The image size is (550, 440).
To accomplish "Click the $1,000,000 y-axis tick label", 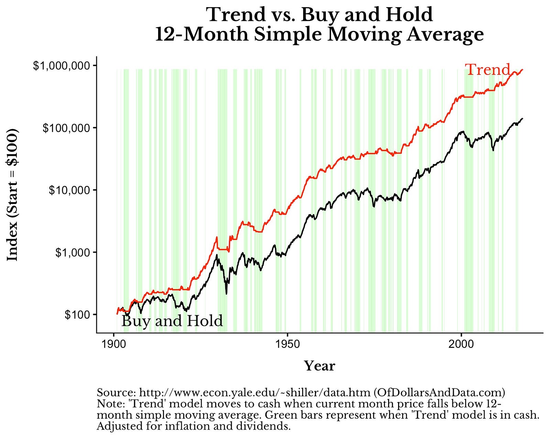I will point(59,65).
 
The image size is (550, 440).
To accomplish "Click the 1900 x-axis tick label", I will point(114,344).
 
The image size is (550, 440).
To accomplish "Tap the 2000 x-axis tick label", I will point(461,344).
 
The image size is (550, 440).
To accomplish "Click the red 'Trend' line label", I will point(488,70).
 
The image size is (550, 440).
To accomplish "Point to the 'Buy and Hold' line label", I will point(172,321).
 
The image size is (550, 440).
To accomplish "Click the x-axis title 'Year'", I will point(319,366).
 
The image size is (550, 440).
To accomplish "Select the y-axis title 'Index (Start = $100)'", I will point(13,195).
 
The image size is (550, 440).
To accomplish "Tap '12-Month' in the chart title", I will point(201,35).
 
